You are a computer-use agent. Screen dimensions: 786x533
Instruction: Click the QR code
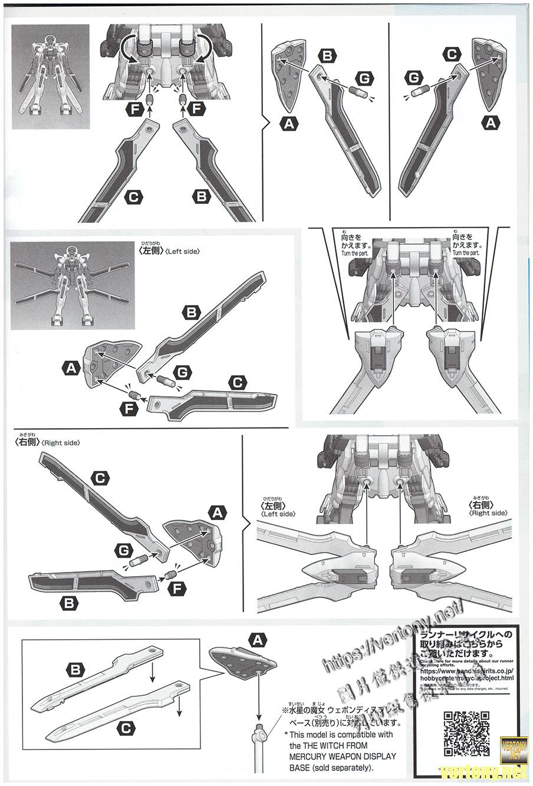(x=466, y=734)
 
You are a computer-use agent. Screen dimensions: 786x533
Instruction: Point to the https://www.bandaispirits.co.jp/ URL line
(x=468, y=671)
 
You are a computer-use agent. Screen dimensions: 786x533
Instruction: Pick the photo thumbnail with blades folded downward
(x=51, y=76)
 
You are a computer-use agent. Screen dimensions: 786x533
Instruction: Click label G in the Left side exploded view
(x=182, y=372)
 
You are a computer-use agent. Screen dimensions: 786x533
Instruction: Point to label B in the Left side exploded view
(x=191, y=313)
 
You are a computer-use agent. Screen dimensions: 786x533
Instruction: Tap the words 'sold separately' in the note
(x=340, y=768)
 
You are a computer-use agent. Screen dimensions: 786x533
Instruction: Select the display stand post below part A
(x=258, y=743)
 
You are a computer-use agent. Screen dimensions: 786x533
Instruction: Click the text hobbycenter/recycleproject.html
(x=466, y=678)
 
